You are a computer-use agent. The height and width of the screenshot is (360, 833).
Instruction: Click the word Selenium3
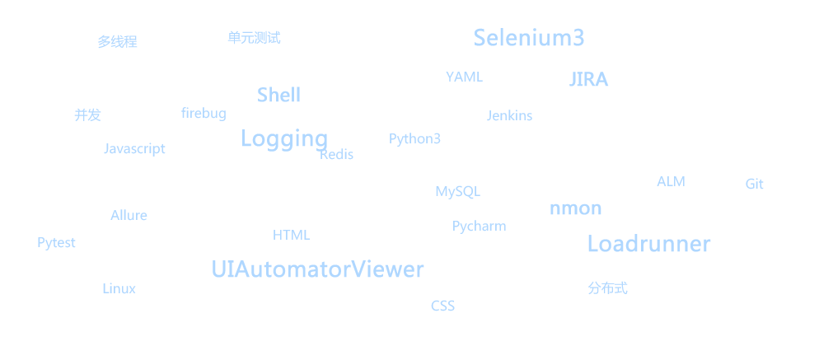[x=529, y=38]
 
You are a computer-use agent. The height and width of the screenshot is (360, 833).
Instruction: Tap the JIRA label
[x=589, y=80]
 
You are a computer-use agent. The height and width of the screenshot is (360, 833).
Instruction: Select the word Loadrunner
[x=648, y=244]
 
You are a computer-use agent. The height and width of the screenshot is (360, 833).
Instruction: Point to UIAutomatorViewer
[x=317, y=269]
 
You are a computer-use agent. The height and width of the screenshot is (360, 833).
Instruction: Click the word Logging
[x=284, y=138]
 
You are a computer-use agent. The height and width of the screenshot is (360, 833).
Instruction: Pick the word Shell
[x=278, y=95]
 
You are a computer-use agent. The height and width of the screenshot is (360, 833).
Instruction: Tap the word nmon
[x=575, y=208]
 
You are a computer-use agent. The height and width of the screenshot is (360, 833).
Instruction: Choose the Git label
[x=754, y=185]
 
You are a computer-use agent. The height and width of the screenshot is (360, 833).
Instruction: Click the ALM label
[x=671, y=181]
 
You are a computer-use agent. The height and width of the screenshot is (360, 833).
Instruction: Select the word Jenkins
[x=509, y=115]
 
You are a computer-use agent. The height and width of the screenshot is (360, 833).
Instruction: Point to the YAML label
[x=464, y=77]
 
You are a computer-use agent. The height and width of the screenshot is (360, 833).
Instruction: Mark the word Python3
[x=414, y=138]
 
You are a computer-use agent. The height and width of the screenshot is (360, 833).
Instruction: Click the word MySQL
[x=457, y=192]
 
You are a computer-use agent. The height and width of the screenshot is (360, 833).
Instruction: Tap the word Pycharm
[x=479, y=226]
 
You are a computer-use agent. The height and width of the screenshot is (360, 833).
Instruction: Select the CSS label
[x=442, y=306]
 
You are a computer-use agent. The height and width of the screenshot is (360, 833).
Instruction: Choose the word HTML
[x=291, y=235]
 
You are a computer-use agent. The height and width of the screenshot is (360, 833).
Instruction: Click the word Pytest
[x=56, y=242]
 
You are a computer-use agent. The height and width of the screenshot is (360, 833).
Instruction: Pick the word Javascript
[x=134, y=148]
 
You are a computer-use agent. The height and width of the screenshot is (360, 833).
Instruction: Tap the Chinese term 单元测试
[x=254, y=37]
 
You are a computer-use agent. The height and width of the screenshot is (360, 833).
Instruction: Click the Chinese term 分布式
[x=607, y=288]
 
